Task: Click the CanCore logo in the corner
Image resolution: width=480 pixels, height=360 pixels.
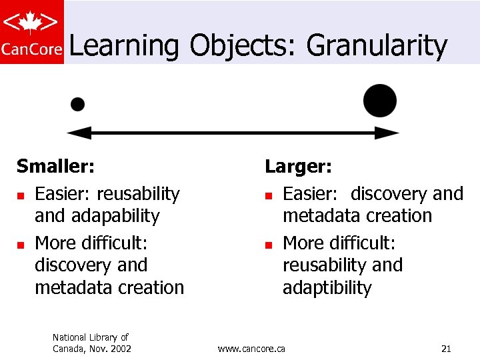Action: [x=32, y=32]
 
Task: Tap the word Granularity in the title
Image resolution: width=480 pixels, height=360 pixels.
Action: [x=376, y=46]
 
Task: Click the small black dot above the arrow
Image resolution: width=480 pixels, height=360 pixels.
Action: [x=78, y=104]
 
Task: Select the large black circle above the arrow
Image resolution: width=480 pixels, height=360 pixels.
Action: [x=380, y=101]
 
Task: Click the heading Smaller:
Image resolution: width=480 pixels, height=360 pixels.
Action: [x=55, y=165]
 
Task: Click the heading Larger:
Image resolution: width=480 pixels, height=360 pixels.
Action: [x=298, y=165]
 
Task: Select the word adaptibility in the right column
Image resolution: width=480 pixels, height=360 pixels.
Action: [x=327, y=288]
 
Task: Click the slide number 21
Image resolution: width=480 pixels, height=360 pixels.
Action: [x=447, y=348]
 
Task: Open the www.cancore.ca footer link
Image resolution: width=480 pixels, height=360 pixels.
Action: [x=251, y=348]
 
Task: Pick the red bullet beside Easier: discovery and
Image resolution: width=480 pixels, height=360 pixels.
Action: [x=269, y=195]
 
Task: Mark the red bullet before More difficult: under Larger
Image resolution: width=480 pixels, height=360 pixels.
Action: [x=269, y=244]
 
